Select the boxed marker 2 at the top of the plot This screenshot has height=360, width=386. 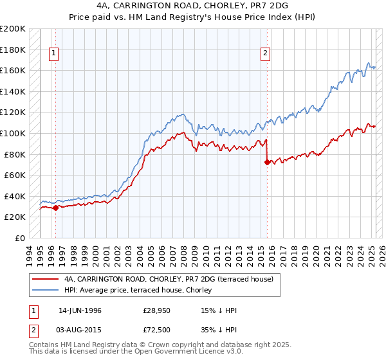coord(265,54)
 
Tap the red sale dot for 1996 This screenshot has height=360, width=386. coord(55,208)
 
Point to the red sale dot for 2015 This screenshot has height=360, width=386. coord(266,162)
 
